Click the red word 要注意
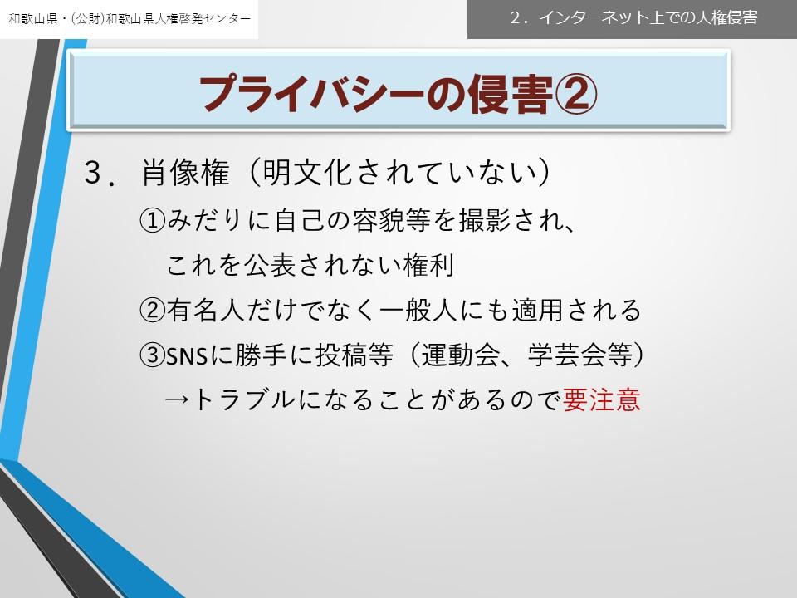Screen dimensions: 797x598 pyautogui.click(x=601, y=399)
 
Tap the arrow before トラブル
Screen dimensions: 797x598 pyautogui.click(x=178, y=400)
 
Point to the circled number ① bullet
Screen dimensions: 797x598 pyautogui.click(x=153, y=221)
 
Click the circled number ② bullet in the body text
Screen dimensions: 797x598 pyautogui.click(x=153, y=310)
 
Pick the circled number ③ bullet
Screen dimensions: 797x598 pyautogui.click(x=153, y=355)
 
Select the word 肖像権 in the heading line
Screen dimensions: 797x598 pyautogui.click(x=185, y=173)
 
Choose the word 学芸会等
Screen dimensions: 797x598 pyautogui.click(x=580, y=355)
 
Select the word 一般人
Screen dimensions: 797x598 pyautogui.click(x=419, y=310)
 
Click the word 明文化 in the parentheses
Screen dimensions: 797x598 pyautogui.click(x=307, y=173)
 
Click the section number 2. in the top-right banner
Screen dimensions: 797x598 pyautogui.click(x=520, y=18)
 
